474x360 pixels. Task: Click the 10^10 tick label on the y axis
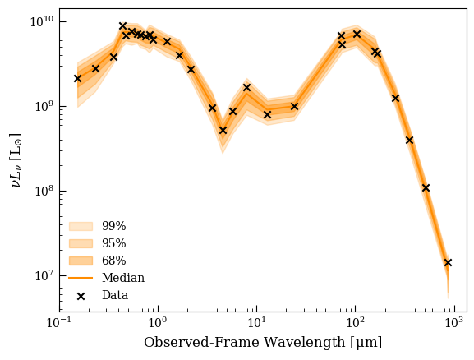pos(42,22)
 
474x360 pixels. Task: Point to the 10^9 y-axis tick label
pos(44,107)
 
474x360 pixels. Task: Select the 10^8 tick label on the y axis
pos(44,192)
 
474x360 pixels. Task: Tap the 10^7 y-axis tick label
pos(44,276)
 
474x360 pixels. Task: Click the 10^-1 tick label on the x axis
pos(58,322)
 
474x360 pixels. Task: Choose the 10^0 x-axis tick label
pos(158,322)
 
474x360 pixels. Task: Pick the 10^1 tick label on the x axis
pos(256,322)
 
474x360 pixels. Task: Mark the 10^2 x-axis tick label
pos(356,322)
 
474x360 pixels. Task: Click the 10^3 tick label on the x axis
pos(454,322)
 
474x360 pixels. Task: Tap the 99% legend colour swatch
pos(81,226)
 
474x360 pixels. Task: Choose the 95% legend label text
pos(113,243)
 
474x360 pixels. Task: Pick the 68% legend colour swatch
pos(81,261)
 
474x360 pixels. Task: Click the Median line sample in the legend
pos(81,278)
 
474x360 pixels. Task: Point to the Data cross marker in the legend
pos(81,296)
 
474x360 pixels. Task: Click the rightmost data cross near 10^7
pos(448,262)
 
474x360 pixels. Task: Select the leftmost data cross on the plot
pos(78,79)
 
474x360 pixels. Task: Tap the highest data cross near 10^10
pos(122,25)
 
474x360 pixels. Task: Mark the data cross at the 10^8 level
pos(426,188)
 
